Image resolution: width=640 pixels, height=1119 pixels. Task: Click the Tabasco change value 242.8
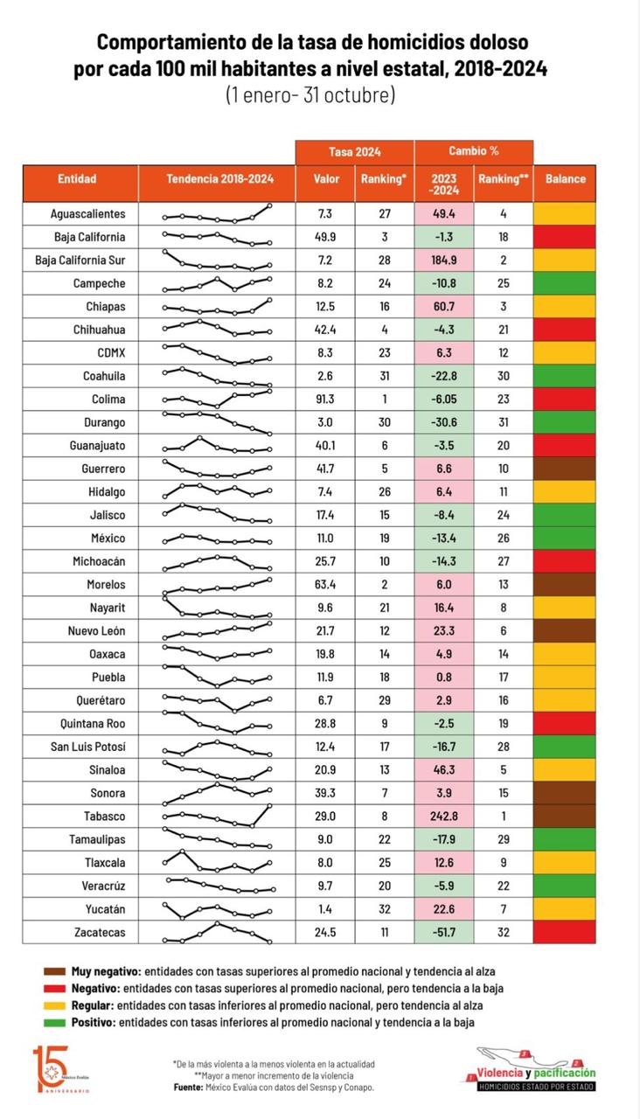(x=443, y=817)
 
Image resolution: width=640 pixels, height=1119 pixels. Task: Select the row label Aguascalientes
(x=89, y=213)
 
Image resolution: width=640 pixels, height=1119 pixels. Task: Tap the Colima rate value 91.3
(x=326, y=400)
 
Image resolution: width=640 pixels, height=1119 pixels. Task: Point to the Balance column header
(x=565, y=179)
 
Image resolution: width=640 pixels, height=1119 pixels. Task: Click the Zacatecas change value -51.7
(x=443, y=933)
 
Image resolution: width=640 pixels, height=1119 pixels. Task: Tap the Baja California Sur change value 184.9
(x=443, y=261)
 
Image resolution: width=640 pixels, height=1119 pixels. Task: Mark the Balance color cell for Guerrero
(x=565, y=469)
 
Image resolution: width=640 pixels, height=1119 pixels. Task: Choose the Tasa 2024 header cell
(x=354, y=151)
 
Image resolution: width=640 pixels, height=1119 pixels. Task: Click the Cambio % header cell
(x=473, y=151)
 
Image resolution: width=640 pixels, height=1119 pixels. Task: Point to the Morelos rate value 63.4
(x=326, y=585)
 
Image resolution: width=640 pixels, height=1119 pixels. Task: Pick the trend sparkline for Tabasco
(x=217, y=817)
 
